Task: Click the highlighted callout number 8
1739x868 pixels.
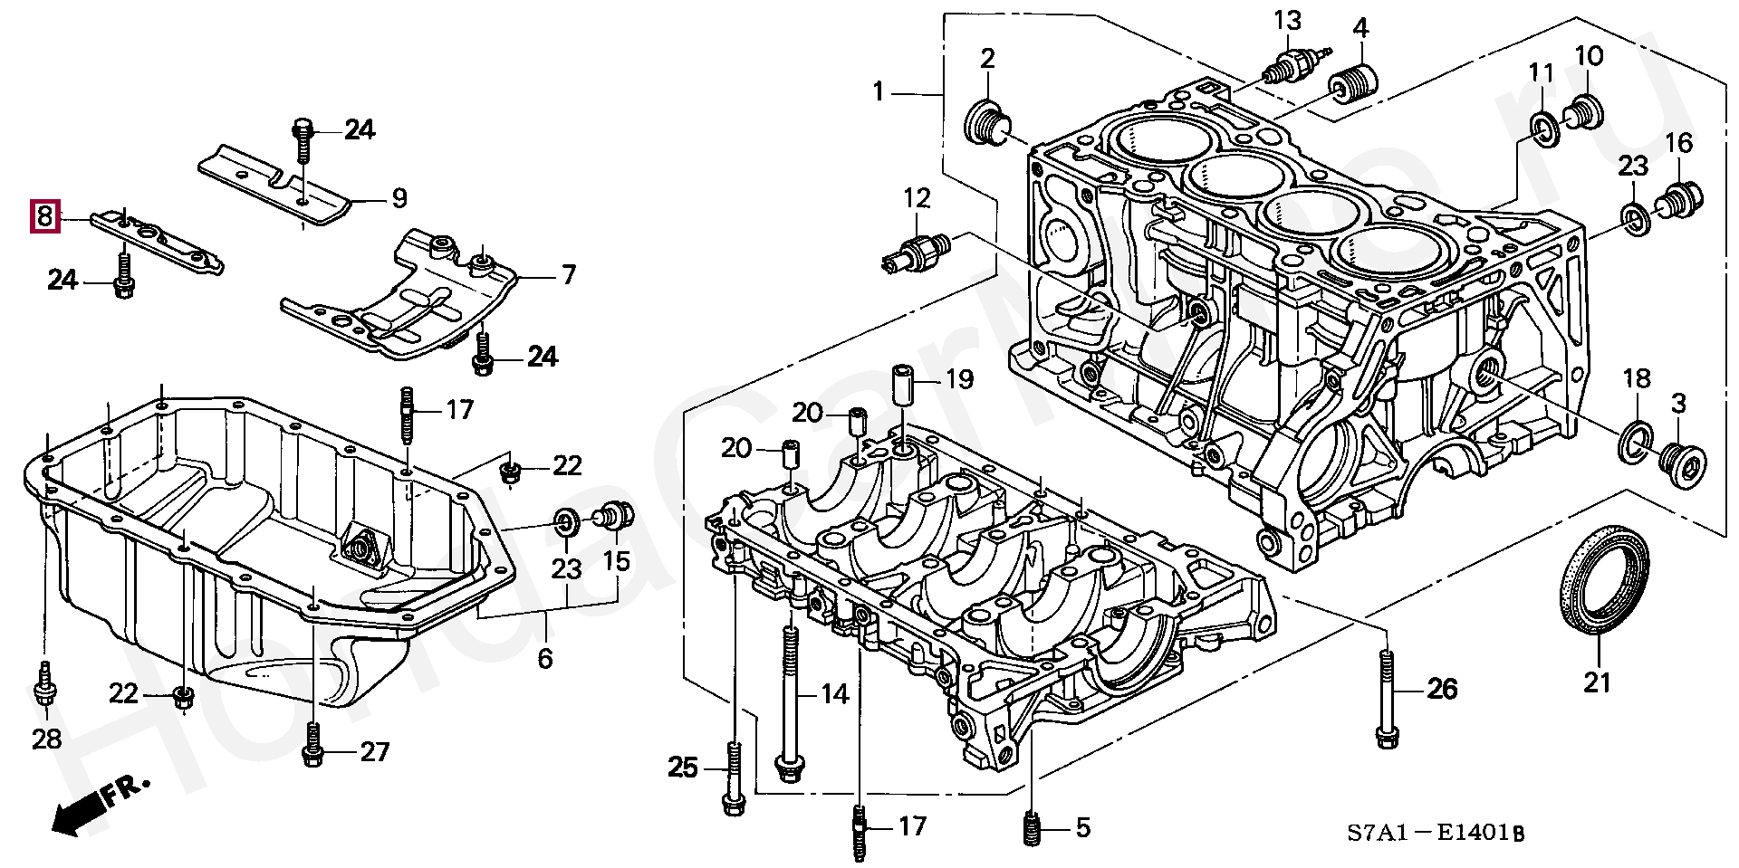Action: tap(44, 216)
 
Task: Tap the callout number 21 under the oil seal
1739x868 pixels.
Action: tap(1597, 682)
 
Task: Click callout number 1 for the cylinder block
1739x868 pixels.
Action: tap(878, 91)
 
